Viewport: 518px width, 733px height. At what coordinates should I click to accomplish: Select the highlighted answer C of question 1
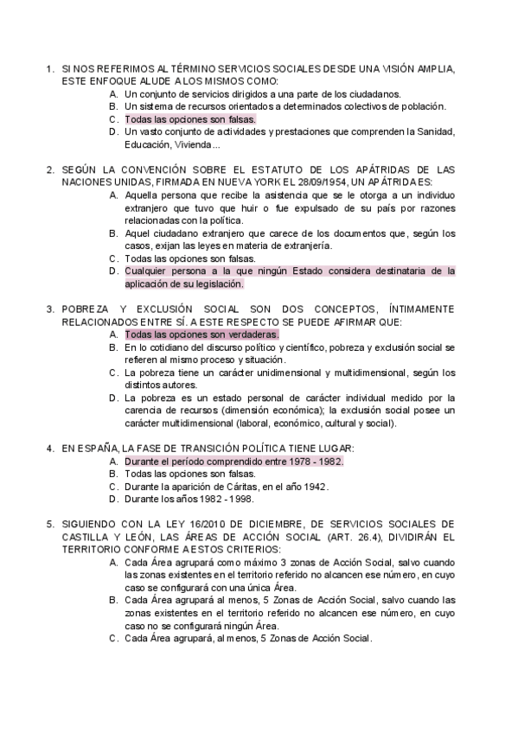click(189, 119)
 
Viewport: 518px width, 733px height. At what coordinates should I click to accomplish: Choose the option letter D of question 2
click(114, 271)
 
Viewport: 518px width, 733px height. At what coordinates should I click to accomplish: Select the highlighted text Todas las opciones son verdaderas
click(201, 334)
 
